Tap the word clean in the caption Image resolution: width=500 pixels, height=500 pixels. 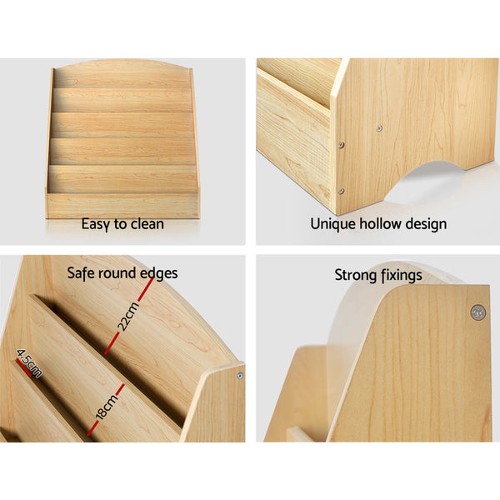point(147,223)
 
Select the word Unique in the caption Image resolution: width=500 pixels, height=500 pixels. point(332,223)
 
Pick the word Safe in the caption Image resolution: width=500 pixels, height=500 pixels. point(82,272)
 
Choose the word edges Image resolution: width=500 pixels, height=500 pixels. point(159,273)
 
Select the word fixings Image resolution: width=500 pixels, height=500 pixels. point(402,275)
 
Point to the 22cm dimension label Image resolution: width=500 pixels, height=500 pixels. point(126,315)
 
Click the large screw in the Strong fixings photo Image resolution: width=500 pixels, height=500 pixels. point(477,312)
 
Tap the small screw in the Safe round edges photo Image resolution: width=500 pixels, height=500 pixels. point(239,376)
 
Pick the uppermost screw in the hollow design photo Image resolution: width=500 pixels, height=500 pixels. point(378,129)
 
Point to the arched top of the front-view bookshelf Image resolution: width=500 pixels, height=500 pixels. point(122,65)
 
